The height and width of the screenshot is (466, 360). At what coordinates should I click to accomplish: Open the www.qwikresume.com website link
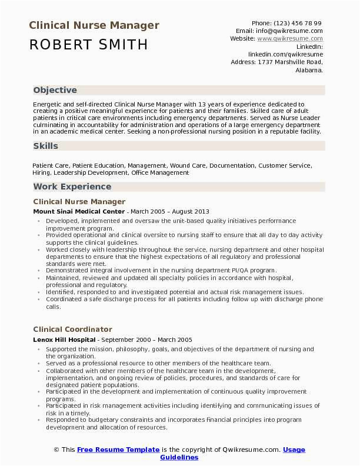pyautogui.click(x=290, y=38)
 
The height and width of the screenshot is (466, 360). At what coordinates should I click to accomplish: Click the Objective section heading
pyautogui.click(x=55, y=90)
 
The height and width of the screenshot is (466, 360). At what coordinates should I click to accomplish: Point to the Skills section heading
pyautogui.click(x=45, y=145)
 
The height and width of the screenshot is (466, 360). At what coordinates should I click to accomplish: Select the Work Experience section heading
pyautogui.click(x=72, y=187)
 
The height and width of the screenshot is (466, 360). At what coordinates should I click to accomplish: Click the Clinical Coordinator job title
pyautogui.click(x=72, y=329)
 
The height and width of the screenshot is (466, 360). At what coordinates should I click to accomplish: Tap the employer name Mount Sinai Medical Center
pyautogui.click(x=79, y=211)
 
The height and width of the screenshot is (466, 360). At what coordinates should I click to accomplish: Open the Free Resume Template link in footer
pyautogui.click(x=118, y=450)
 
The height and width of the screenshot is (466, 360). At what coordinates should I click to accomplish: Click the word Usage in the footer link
pyautogui.click(x=294, y=450)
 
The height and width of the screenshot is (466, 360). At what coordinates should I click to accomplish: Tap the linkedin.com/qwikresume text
pyautogui.click(x=285, y=54)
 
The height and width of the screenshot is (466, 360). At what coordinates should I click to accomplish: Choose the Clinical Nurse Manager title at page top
pyautogui.click(x=94, y=25)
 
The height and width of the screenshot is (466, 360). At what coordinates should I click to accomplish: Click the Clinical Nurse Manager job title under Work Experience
pyautogui.click(x=79, y=201)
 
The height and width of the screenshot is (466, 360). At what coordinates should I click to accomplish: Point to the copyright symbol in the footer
pyautogui.click(x=56, y=450)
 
